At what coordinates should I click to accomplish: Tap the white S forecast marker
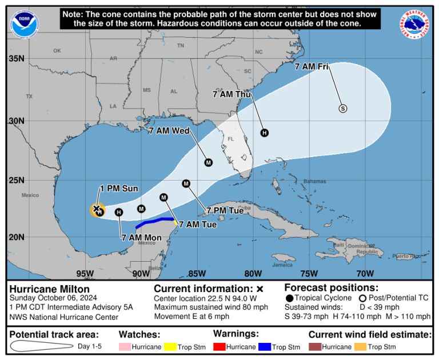click(343, 108)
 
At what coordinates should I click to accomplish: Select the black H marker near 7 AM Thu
click(264, 133)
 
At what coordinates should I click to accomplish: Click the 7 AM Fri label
click(312, 67)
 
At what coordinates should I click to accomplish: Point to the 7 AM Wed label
click(169, 131)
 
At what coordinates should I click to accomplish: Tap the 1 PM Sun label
click(119, 189)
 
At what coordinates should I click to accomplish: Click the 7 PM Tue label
click(225, 210)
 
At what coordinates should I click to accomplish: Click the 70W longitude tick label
click(365, 273)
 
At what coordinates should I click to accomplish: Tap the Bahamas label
click(314, 181)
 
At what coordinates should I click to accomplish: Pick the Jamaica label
click(282, 265)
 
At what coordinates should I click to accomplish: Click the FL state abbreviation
click(232, 139)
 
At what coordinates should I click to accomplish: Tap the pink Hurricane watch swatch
click(124, 347)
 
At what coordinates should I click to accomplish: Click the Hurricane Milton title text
click(49, 289)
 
